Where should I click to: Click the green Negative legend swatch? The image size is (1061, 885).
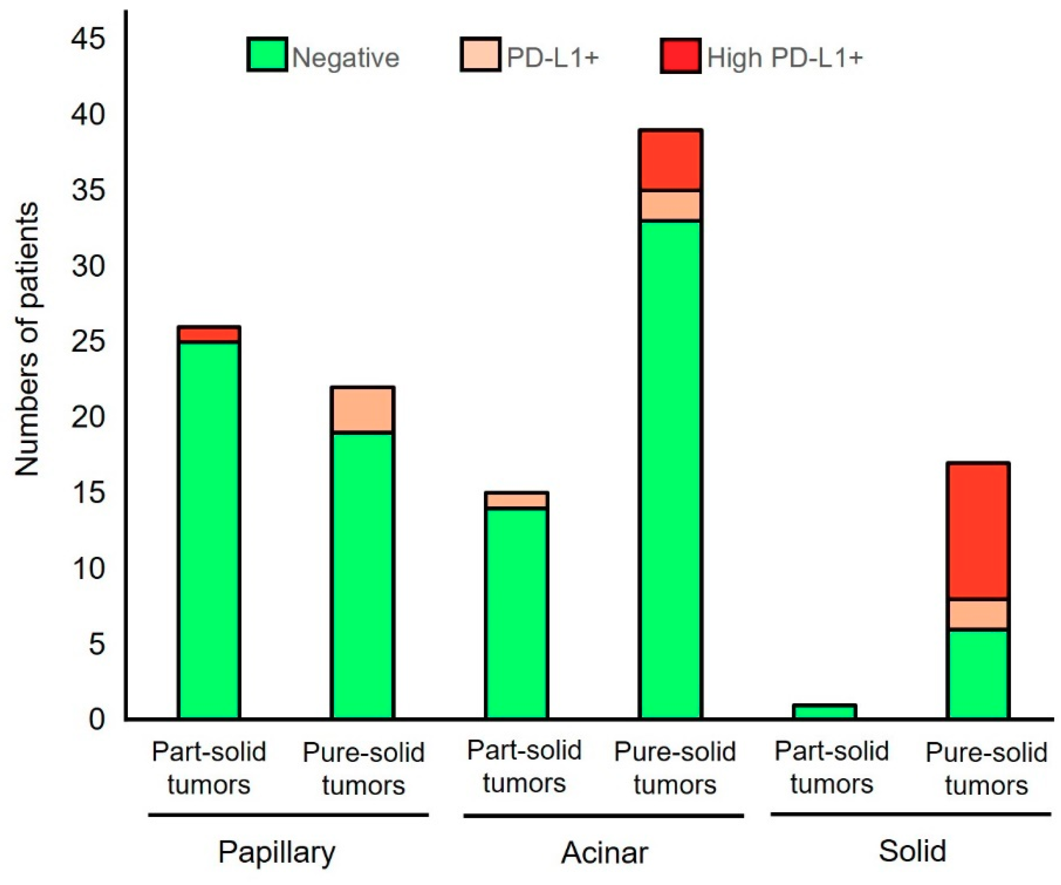267,55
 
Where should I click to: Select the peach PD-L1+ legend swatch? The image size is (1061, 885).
481,55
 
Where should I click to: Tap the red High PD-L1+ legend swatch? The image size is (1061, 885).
680,56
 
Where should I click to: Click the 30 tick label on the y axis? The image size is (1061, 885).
89,266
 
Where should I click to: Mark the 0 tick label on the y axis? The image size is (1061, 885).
96,719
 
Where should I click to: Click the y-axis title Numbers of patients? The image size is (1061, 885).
26,339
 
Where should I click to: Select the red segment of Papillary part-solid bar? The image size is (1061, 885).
209,334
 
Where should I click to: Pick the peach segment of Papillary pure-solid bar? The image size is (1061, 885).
363,410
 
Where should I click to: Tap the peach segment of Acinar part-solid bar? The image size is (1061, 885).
516,500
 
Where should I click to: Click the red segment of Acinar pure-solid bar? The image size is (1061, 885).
670,160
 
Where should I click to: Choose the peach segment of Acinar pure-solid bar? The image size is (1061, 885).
670,206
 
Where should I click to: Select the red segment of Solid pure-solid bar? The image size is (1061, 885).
978,531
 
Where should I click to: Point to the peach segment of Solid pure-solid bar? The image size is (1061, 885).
978,614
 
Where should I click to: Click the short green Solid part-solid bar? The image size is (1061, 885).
824,712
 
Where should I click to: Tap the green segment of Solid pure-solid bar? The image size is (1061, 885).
978,674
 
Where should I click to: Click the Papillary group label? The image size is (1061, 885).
277,853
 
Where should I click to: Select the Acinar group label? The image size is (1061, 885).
604,853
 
